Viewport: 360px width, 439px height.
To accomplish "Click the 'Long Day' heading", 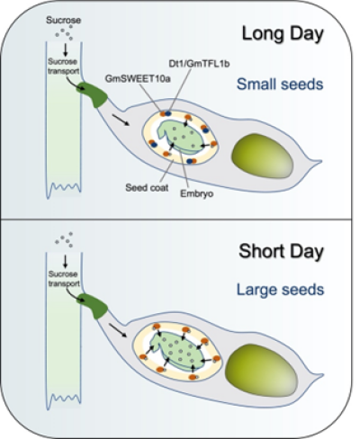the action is tap(283, 34).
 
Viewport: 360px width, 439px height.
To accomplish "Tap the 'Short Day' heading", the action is tap(282, 251).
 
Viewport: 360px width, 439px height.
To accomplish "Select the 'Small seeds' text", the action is tap(280, 85).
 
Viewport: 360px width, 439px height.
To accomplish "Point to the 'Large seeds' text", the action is tap(281, 290).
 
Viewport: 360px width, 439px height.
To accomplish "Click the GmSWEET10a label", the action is tap(138, 78).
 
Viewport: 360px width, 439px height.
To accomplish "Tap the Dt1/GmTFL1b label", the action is tap(199, 64).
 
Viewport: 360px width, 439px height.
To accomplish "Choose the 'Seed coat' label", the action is tap(147, 188).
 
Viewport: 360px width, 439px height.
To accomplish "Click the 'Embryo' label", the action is tap(197, 193).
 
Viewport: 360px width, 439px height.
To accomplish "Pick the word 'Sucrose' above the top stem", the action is tap(63, 21).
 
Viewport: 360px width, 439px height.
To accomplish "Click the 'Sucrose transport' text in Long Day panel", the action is tap(64, 67).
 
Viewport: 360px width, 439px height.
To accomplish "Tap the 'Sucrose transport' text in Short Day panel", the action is tap(64, 279).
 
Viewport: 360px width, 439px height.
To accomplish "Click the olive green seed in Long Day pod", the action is tap(262, 156).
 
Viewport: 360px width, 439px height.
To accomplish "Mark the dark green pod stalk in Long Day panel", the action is tap(93, 94).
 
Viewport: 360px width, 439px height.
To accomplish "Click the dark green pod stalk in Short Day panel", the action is tap(93, 306).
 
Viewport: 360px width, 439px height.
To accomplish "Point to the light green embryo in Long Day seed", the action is tap(179, 137).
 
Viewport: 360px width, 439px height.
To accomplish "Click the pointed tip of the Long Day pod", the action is tap(321, 161).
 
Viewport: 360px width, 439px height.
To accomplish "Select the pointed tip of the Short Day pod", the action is tap(323, 375).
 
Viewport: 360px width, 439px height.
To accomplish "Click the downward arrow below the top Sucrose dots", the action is tap(65, 49).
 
